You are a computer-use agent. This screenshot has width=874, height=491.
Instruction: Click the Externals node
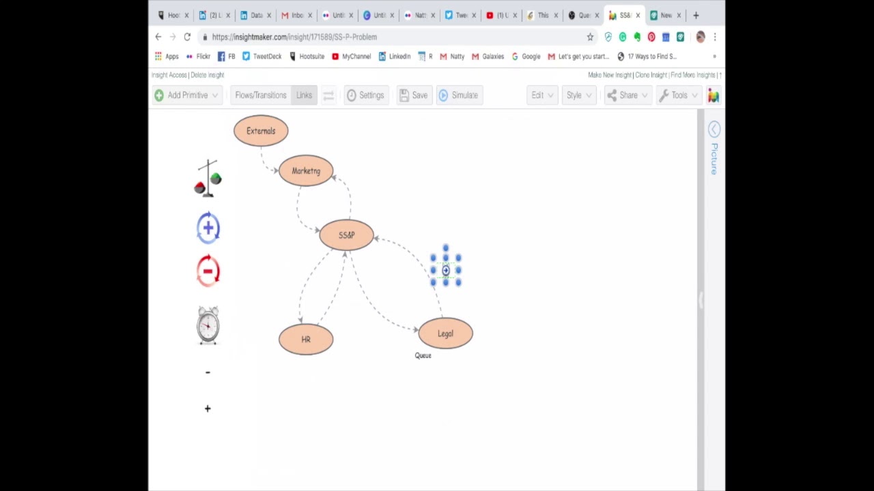(x=261, y=131)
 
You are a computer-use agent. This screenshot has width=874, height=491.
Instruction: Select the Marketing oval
(x=306, y=170)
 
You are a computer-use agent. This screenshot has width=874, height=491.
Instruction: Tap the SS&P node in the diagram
(x=346, y=235)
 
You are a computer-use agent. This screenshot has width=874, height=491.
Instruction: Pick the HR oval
(x=306, y=339)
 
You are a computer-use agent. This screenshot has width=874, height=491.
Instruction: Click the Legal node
(x=445, y=333)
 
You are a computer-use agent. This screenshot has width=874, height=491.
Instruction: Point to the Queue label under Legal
(x=423, y=355)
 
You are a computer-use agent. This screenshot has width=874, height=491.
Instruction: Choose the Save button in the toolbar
(x=414, y=95)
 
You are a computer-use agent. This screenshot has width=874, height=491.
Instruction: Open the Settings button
(x=365, y=95)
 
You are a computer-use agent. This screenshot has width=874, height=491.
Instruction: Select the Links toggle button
(x=304, y=95)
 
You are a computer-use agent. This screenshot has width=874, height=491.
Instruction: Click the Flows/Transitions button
(x=261, y=95)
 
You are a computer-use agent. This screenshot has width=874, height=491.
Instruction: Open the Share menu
(x=622, y=95)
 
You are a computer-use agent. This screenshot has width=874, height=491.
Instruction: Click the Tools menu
(x=673, y=95)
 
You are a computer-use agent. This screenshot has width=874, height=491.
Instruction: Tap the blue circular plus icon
(x=208, y=228)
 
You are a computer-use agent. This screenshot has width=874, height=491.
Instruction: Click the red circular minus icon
(x=208, y=271)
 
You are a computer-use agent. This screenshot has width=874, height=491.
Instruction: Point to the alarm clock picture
(x=208, y=325)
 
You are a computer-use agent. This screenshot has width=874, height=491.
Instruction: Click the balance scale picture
(x=208, y=179)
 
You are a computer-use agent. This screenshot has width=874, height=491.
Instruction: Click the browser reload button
(x=187, y=37)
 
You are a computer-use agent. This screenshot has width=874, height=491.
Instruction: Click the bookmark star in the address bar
(x=590, y=37)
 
